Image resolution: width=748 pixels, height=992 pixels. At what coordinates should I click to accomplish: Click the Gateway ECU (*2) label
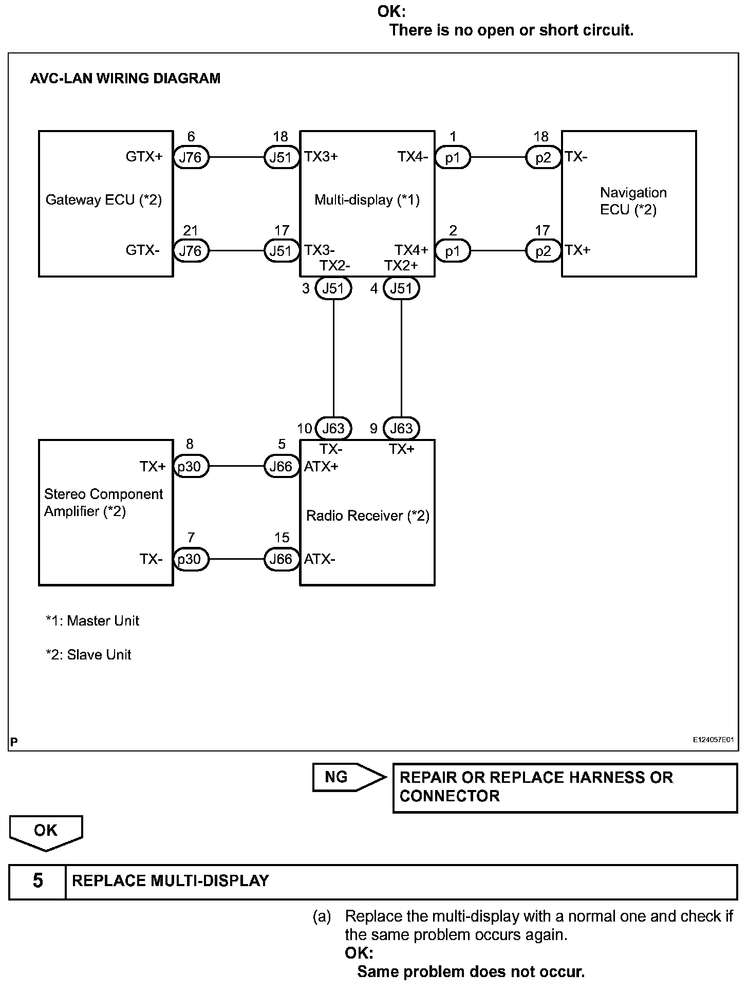[x=104, y=199]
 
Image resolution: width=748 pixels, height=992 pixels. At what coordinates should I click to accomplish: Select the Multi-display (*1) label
[x=367, y=199]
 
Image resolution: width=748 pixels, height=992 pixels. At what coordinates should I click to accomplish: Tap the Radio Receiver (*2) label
[x=367, y=516]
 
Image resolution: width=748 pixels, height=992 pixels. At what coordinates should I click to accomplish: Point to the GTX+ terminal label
[x=144, y=156]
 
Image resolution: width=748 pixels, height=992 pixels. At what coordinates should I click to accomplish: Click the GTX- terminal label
[x=142, y=250]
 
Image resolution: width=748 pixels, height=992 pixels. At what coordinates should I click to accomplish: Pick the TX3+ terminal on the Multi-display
[x=321, y=156]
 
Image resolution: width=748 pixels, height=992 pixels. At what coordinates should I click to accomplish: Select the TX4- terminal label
[x=413, y=156]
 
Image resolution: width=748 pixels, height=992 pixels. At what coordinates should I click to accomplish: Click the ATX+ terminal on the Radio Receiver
[x=321, y=466]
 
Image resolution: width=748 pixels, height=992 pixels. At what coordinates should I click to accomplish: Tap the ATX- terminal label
[x=320, y=559]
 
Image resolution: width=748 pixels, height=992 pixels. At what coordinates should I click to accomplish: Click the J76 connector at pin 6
[x=191, y=157]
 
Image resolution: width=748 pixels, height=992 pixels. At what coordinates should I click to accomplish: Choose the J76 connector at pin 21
[x=191, y=251]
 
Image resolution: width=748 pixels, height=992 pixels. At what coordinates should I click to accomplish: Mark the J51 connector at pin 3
[x=333, y=288]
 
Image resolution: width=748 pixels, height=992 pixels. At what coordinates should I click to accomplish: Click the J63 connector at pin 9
[x=401, y=428]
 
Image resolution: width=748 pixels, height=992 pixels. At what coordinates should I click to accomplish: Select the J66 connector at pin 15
[x=281, y=559]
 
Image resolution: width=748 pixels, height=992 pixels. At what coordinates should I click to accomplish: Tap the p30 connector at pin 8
[x=191, y=467]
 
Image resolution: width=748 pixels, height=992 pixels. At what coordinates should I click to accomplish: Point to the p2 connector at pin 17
[x=543, y=251]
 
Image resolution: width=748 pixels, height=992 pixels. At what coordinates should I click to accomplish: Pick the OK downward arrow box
[x=46, y=832]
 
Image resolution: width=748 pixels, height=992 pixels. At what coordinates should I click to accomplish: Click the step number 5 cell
[x=38, y=880]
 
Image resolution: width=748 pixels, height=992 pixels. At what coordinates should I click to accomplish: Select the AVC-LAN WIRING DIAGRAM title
[x=125, y=78]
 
